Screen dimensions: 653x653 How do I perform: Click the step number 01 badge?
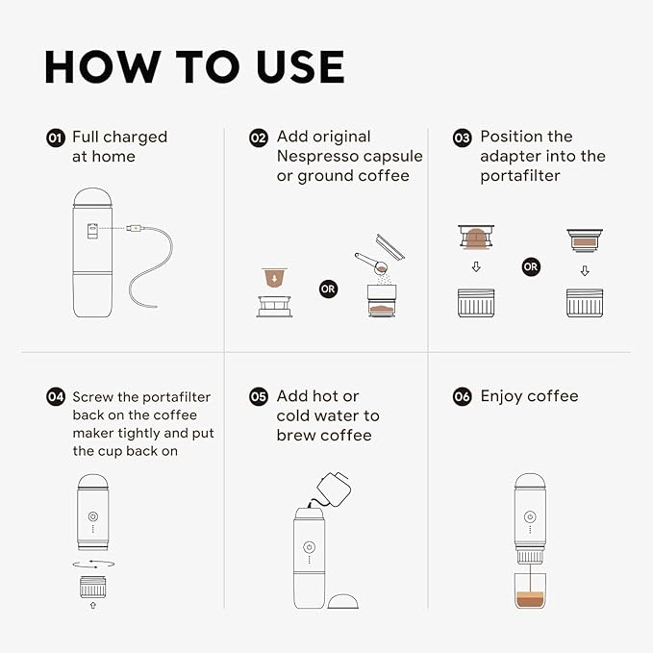[55, 138]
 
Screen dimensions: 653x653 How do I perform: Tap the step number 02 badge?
[259, 138]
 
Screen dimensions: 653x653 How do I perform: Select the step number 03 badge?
[463, 138]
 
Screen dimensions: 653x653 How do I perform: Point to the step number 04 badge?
[55, 396]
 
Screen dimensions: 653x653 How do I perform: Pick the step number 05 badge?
[259, 396]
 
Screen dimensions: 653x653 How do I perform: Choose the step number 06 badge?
[463, 396]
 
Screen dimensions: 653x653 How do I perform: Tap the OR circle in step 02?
[328, 288]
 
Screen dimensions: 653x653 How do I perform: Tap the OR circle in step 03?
[531, 266]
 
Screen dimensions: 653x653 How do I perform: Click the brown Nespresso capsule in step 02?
[276, 278]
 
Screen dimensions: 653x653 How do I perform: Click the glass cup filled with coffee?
[529, 589]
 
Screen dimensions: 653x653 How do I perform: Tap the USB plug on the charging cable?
[138, 229]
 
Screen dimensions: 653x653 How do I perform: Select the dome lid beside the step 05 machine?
[344, 600]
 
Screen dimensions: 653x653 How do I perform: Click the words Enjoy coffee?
[529, 396]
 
